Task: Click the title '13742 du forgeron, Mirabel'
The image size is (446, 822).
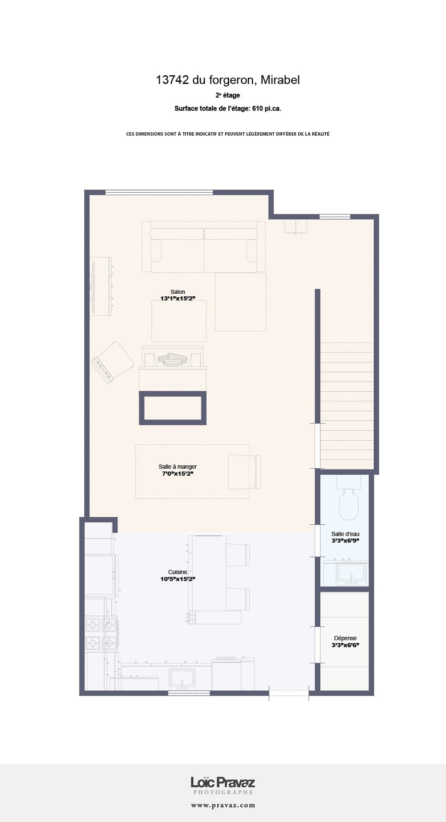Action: (227, 80)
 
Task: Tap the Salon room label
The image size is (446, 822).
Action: (178, 292)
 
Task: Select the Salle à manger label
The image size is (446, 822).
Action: (177, 467)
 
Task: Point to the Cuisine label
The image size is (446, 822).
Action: (177, 572)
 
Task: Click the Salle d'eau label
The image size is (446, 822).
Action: (345, 534)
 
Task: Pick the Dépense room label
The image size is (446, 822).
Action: (345, 638)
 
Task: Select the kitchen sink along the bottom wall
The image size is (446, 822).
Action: (182, 678)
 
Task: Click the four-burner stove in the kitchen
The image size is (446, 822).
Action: (102, 634)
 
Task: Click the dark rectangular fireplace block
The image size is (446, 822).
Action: (173, 408)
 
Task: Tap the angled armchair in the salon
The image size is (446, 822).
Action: (112, 362)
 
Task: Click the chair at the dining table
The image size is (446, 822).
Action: (244, 471)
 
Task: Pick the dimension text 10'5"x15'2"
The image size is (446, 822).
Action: (177, 579)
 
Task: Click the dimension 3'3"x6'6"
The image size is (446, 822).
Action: (345, 645)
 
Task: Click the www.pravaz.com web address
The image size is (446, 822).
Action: (223, 805)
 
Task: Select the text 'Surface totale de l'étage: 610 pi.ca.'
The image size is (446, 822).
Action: (227, 109)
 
